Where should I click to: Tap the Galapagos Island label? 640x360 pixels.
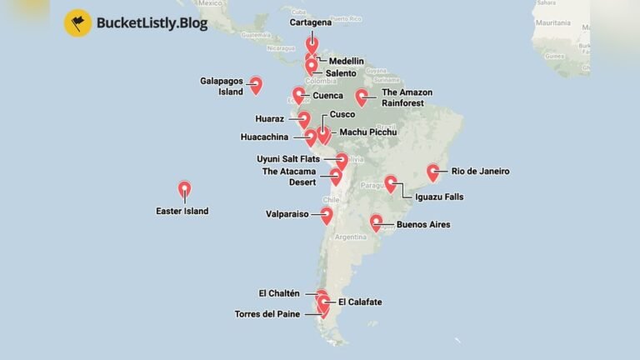tap(222, 86)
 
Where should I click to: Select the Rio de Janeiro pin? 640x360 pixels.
tap(433, 172)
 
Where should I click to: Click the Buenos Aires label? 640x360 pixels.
tap(423, 224)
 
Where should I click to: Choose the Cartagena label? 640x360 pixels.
tap(309, 22)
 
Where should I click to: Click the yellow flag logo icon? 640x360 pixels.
tap(77, 22)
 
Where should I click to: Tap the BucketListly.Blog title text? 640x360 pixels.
tap(152, 23)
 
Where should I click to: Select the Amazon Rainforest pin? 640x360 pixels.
tap(362, 97)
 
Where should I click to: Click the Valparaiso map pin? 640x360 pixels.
tap(327, 216)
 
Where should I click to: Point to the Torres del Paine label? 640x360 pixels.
tap(267, 314)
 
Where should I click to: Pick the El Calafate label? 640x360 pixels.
tap(360, 302)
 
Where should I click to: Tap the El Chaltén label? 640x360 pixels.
tap(279, 293)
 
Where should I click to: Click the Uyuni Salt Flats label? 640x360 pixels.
tap(288, 158)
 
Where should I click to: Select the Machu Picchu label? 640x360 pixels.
tap(367, 132)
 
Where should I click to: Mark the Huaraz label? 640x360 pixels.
tap(270, 118)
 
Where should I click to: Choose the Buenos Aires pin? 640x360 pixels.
tap(376, 222)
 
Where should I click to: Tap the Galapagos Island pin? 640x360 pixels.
tap(256, 84)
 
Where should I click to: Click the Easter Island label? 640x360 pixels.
tap(182, 211)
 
